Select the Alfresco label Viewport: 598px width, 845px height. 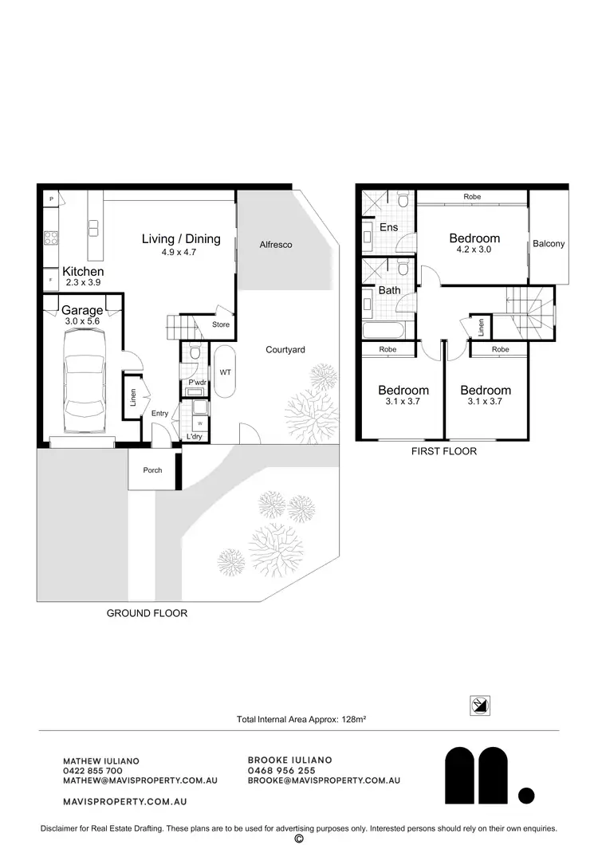pos(276,245)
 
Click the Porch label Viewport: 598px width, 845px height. pos(152,470)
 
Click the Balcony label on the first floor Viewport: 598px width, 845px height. pos(549,244)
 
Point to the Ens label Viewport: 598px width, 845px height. pos(388,228)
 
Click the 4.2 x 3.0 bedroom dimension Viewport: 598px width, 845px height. pos(474,250)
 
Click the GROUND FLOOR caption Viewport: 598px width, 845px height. pos(147,613)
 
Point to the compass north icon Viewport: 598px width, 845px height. pos(480,705)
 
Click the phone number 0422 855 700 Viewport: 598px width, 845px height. pos(92,771)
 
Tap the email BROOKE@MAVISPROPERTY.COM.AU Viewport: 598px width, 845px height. pos(324,781)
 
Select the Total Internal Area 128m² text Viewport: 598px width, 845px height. pos(301,719)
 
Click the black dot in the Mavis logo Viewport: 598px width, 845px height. pos(525,794)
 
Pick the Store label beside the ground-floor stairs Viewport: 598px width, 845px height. pos(221,325)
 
